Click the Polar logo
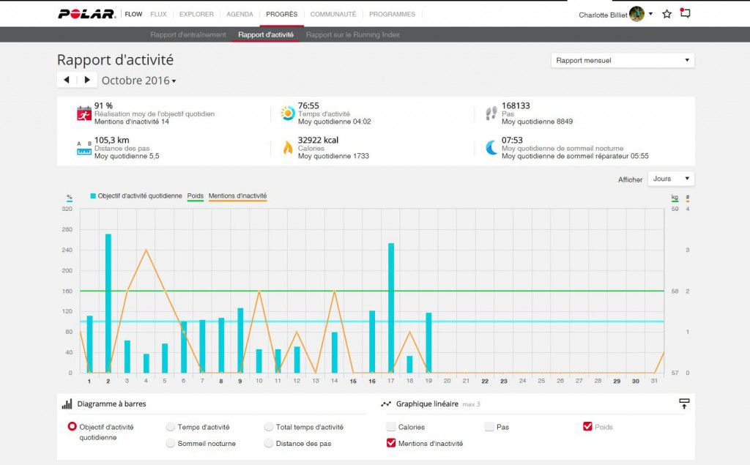(86, 14)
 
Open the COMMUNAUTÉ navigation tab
(333, 14)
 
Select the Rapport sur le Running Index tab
(352, 34)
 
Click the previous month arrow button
(67, 80)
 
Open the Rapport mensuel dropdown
(622, 60)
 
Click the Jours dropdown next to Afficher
(671, 179)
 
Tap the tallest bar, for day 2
(108, 303)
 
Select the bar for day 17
(391, 308)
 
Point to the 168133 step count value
(516, 106)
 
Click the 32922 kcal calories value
(318, 141)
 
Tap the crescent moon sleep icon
(491, 147)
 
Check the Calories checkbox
(391, 427)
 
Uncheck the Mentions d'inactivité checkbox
(391, 443)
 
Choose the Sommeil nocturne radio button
(171, 443)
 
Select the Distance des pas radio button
(269, 443)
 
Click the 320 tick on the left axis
(67, 209)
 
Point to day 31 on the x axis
(654, 381)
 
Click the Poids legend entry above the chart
(196, 196)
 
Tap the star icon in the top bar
(667, 14)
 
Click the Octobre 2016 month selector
(138, 81)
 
